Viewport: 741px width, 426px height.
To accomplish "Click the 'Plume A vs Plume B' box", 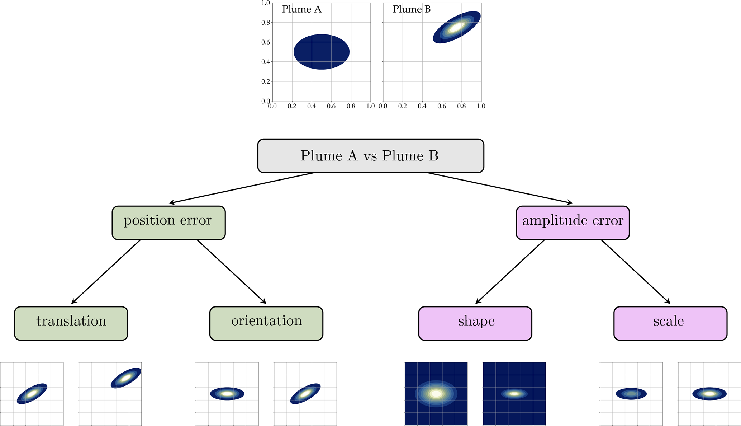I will tap(371, 156).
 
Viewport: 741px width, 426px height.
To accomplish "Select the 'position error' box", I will tap(168, 223).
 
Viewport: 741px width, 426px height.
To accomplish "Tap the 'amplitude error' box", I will tap(573, 223).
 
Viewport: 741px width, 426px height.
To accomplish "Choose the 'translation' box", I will tap(71, 323).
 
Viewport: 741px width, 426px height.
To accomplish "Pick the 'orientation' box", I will tap(266, 323).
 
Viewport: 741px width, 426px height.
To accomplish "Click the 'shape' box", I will tap(475, 323).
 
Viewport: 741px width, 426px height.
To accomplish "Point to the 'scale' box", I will tap(670, 323).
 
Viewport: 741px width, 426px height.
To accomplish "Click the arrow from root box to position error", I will tap(242, 188).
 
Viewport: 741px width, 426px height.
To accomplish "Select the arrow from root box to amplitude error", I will tap(499, 188).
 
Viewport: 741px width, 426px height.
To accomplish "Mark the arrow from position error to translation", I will tap(106, 272).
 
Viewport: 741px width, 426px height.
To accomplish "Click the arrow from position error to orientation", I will tap(232, 272).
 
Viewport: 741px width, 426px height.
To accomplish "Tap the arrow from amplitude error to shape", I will tap(510, 272).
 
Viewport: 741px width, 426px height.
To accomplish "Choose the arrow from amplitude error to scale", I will tap(636, 272).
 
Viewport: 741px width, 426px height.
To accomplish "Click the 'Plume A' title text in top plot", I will tap(301, 9).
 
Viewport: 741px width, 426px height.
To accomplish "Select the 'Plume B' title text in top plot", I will tap(412, 9).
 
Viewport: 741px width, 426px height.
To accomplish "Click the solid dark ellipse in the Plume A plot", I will tap(322, 52).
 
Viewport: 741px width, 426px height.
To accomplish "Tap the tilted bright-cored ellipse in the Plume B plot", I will tap(457, 27).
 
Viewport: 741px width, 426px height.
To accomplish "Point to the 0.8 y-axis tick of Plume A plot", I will tap(266, 23).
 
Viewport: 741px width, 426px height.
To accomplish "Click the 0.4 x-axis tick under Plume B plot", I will tap(422, 106).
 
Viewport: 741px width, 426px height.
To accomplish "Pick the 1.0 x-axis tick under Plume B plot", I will tap(481, 106).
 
